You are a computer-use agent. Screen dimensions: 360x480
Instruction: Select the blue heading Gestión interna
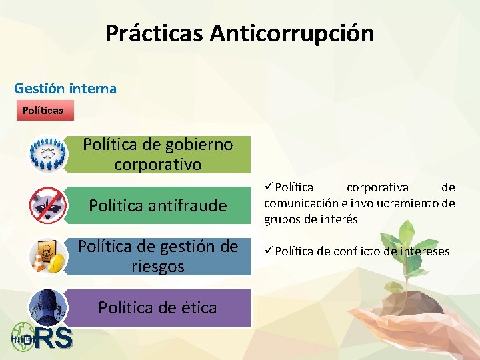tap(65, 88)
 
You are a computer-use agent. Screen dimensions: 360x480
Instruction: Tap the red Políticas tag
tap(43, 110)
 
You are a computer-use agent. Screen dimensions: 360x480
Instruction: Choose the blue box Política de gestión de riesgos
tap(158, 257)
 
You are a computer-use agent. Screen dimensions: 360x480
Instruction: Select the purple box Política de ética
tap(158, 307)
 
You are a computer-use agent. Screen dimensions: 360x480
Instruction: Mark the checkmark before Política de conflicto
tap(269, 251)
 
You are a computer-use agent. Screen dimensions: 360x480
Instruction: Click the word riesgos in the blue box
tap(158, 267)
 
